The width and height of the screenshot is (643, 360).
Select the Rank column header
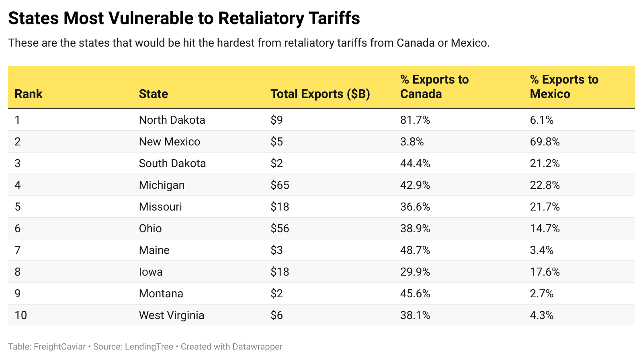(x=29, y=94)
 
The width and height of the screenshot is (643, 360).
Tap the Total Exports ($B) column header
(x=320, y=94)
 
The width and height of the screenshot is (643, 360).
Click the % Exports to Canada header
(x=434, y=86)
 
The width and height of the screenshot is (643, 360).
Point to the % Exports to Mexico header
(x=564, y=86)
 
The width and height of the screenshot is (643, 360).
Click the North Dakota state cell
(x=172, y=120)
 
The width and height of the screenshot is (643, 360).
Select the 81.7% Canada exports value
(x=415, y=120)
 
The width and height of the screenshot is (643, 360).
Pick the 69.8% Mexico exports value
(x=545, y=142)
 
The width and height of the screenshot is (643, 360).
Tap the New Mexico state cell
(x=169, y=142)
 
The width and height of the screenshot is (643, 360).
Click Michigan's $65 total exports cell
(x=280, y=185)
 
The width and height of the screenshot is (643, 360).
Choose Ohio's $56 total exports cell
(x=280, y=229)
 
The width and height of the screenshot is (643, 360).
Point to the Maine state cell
(x=154, y=250)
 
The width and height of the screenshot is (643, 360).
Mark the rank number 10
(x=20, y=315)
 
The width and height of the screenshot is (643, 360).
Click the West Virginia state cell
(x=172, y=315)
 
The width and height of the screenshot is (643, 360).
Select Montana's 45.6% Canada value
(x=415, y=294)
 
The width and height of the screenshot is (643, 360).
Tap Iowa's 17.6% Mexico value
(x=545, y=272)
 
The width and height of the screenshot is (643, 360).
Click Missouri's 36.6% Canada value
(x=415, y=207)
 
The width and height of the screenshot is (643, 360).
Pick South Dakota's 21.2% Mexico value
(x=545, y=164)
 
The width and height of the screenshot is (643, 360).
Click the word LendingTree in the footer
(x=149, y=347)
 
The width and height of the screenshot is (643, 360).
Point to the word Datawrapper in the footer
(x=258, y=347)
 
